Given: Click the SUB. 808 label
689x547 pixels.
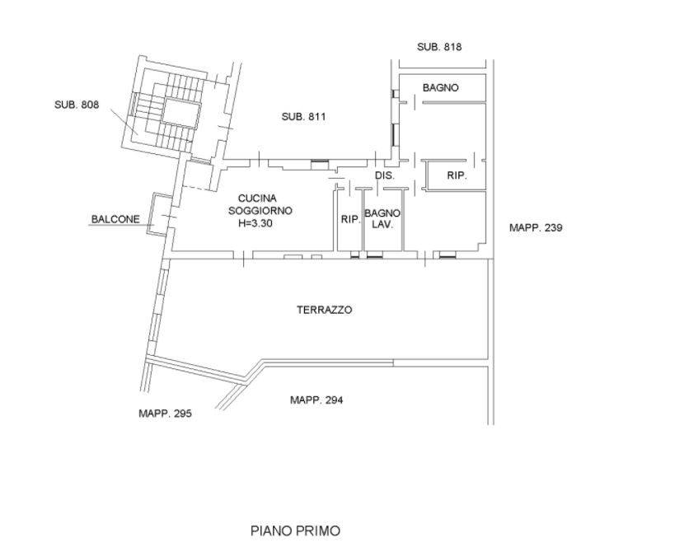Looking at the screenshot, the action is (x=77, y=105).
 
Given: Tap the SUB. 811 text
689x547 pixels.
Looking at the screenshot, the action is (x=303, y=117).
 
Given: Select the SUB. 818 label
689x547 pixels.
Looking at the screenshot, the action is (x=439, y=47).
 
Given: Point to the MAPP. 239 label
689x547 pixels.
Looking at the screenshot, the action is (x=536, y=227).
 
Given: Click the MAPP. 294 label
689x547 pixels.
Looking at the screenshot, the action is (x=316, y=400).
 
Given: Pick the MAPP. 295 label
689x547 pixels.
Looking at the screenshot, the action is (x=165, y=414).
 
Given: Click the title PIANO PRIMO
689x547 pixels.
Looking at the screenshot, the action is (x=295, y=531).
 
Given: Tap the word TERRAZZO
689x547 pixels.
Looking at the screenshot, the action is (x=325, y=310).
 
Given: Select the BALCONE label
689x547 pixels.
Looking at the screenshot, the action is (x=115, y=219).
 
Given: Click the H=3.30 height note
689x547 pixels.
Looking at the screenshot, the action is (x=255, y=223).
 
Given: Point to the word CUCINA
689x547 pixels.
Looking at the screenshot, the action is (x=257, y=199).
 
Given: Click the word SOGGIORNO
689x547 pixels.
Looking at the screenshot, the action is (x=260, y=211).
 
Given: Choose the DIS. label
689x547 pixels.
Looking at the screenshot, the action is (x=385, y=175).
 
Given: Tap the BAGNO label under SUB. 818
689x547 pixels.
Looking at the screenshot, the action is (x=441, y=88).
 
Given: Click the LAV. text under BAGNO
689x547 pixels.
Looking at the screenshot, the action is (x=382, y=225).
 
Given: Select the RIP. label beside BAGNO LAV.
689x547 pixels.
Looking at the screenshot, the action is (x=350, y=219).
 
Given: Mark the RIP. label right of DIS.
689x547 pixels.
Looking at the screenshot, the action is (x=457, y=175).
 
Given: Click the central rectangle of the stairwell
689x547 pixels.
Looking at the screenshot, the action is (x=181, y=114).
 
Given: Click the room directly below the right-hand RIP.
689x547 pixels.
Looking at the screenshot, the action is (x=446, y=221).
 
